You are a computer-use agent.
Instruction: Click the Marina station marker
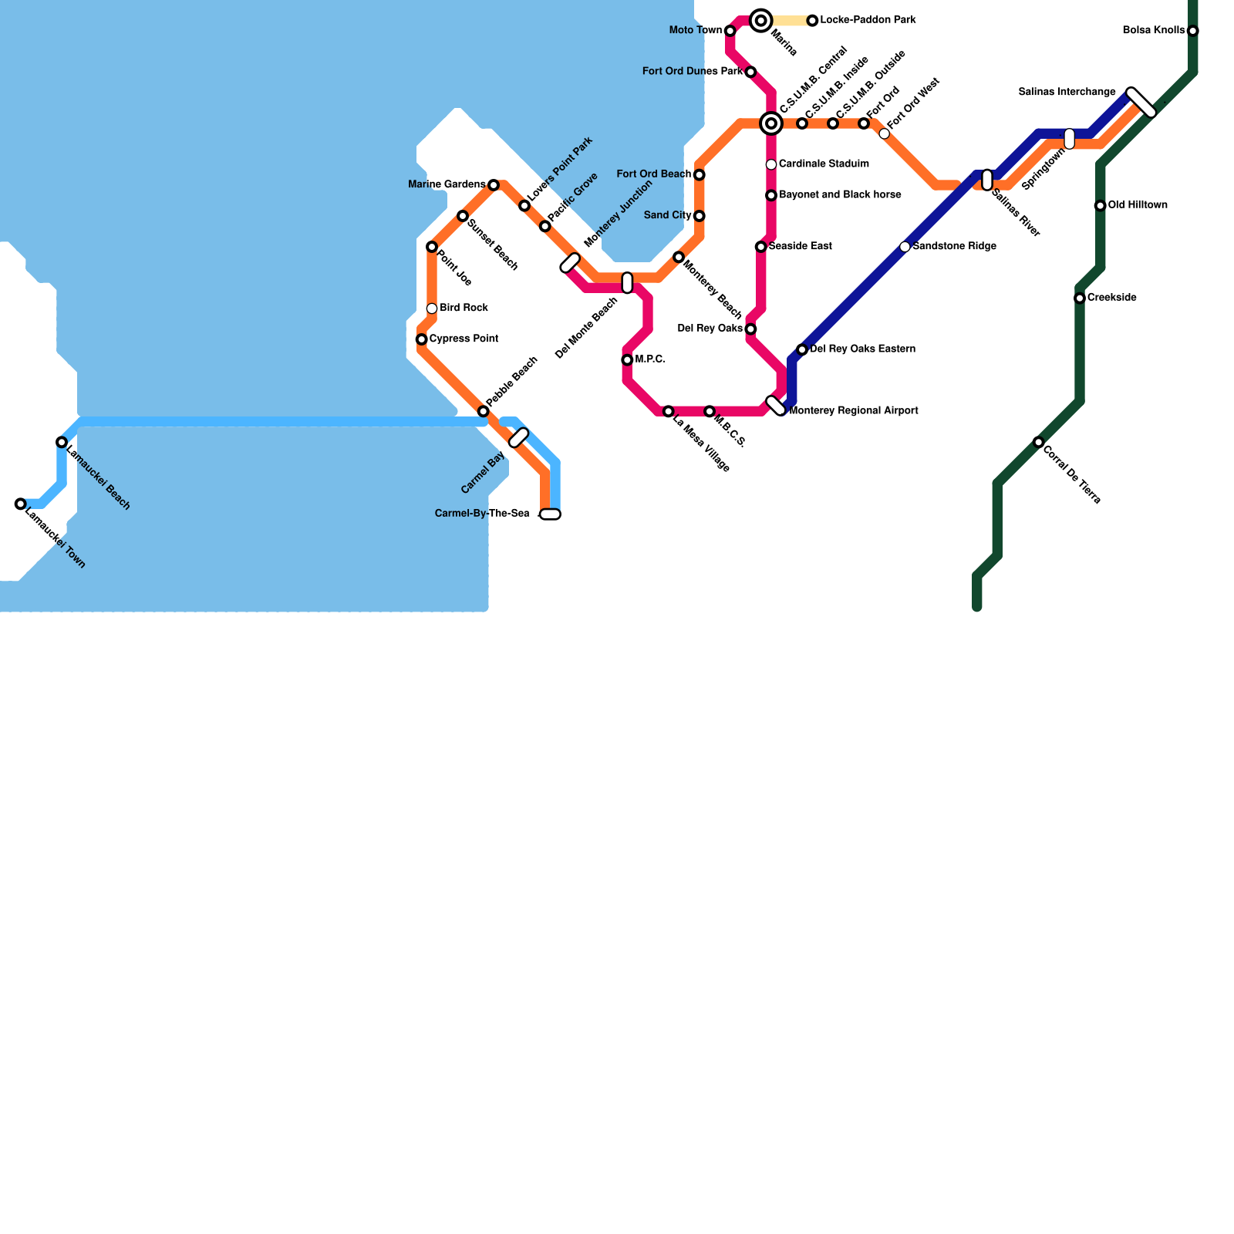tap(761, 21)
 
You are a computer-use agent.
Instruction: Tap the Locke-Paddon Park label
tap(868, 20)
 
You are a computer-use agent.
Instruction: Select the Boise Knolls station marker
tap(1193, 31)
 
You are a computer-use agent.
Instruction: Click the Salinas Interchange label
tap(1067, 93)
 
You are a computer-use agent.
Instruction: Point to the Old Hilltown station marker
tap(1101, 206)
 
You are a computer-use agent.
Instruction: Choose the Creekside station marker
tap(1080, 298)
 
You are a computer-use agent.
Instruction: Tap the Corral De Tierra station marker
tap(1039, 443)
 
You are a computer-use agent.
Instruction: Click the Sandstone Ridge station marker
tap(905, 247)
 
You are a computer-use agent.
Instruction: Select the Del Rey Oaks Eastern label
tap(862, 349)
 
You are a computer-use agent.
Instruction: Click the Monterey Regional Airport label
tap(854, 411)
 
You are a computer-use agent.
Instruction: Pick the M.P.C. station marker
tap(627, 360)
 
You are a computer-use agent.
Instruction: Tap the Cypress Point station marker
tap(422, 339)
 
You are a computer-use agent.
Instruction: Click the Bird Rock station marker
tap(432, 308)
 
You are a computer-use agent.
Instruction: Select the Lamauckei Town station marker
tap(21, 504)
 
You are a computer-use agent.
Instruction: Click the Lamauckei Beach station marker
tap(62, 443)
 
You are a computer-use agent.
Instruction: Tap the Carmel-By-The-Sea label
tap(482, 514)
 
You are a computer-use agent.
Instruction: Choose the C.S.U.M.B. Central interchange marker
tap(771, 123)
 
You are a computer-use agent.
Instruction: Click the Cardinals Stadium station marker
tap(771, 164)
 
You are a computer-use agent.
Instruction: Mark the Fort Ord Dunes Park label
tap(693, 72)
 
